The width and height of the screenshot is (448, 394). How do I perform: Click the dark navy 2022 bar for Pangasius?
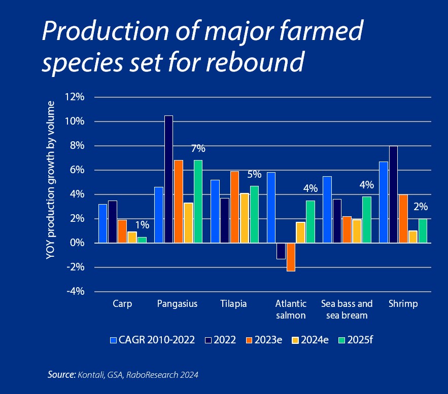[x=169, y=179]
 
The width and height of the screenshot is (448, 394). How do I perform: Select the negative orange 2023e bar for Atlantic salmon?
[x=291, y=257]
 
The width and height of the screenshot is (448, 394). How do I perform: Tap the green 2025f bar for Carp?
[x=142, y=240]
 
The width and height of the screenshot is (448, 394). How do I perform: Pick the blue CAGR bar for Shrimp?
[x=384, y=203]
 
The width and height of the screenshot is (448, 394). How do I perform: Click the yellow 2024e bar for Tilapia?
[x=244, y=218]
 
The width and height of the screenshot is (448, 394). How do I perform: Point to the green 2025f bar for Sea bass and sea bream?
[x=367, y=220]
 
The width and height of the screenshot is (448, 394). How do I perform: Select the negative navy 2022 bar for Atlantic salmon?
[x=281, y=251]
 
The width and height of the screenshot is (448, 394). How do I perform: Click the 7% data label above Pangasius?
[x=198, y=148]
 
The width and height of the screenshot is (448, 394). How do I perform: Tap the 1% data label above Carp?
[x=142, y=225]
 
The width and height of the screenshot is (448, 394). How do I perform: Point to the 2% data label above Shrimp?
[x=421, y=207]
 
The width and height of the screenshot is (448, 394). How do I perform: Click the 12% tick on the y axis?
[x=75, y=97]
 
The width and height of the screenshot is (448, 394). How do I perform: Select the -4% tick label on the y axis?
[x=76, y=291]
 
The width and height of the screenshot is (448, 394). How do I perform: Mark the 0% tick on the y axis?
[x=78, y=243]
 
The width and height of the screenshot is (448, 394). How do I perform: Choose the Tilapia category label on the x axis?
[x=233, y=304]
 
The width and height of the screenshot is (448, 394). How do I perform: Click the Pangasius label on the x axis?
[x=177, y=304]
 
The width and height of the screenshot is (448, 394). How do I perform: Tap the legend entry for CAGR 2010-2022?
[x=153, y=340]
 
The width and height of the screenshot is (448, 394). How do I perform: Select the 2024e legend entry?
[x=311, y=340]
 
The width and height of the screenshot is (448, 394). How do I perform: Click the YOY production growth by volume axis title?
[x=50, y=180]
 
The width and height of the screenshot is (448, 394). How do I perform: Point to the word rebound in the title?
[x=255, y=61]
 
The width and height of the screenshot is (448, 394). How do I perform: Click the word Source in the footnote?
[x=61, y=374]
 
